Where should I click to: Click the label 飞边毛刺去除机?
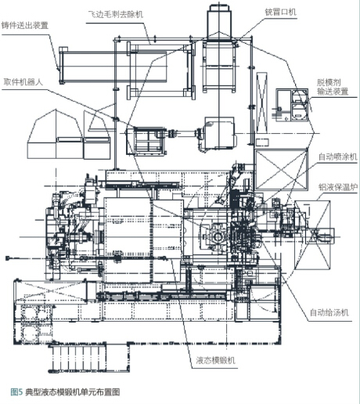pos(116,14)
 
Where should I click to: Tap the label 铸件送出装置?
pos(25,26)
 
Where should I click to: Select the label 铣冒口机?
pos(280,12)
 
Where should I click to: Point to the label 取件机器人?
pos(23,82)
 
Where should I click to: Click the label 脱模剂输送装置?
pos(333,87)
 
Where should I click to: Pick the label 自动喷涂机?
pos(337,157)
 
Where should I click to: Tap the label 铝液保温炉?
pos(338,187)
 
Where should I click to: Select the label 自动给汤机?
pos(329,312)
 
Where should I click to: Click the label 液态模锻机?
pos(215,360)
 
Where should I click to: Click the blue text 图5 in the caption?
pos(16,392)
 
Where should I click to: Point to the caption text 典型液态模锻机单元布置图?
pos(73,392)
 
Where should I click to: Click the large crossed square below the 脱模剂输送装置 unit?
pos(281,169)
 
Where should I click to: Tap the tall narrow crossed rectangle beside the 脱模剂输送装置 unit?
pos(261,103)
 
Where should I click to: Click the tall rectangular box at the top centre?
pos(219,21)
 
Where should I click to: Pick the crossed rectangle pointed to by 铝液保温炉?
pos(312,235)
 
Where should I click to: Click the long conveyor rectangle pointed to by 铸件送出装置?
pos(113,66)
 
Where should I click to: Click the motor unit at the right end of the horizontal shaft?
pos(218,134)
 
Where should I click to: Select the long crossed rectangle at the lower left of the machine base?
pos(51,292)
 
